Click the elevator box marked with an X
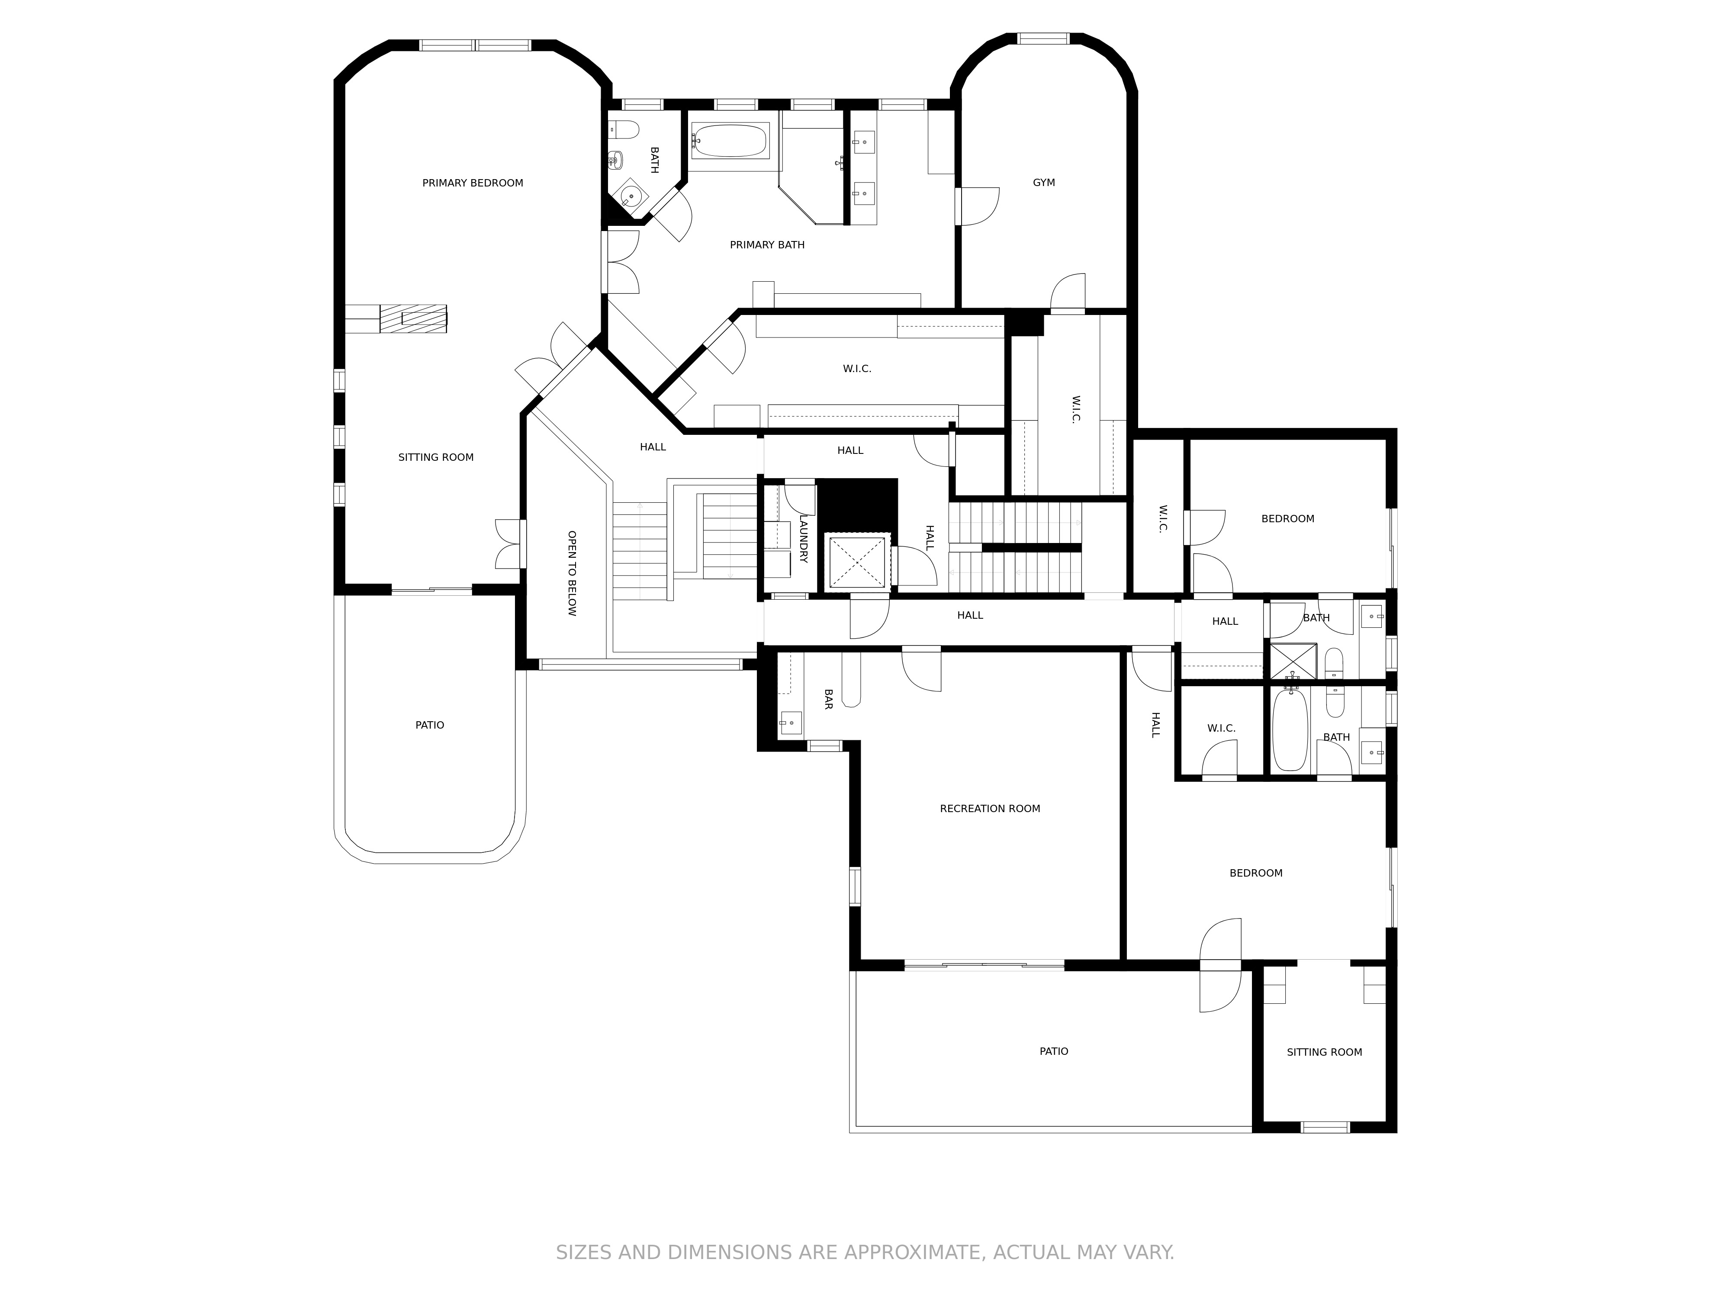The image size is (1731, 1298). [x=857, y=560]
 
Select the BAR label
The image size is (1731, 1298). [x=827, y=699]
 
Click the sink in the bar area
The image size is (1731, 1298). [x=790, y=722]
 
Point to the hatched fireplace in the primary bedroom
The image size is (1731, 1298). [x=413, y=318]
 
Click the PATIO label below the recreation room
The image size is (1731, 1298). [x=1053, y=1051]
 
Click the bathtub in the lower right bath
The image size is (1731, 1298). [x=1290, y=730]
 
